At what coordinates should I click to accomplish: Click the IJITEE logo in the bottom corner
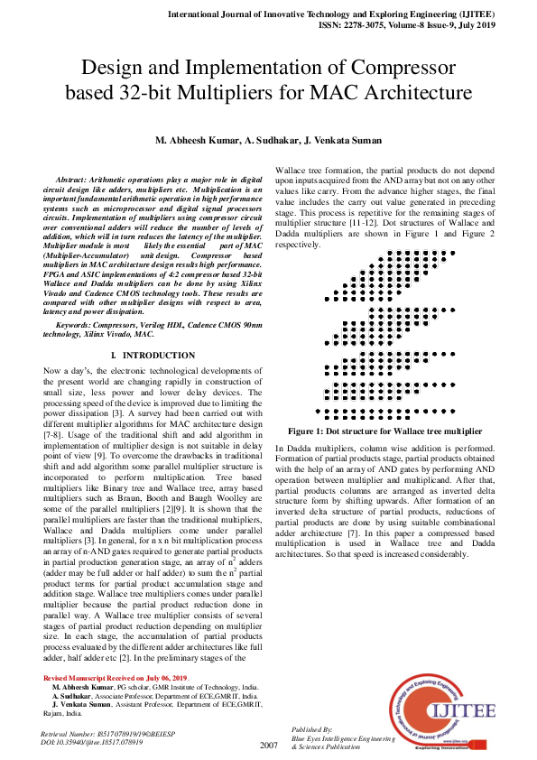[441, 710]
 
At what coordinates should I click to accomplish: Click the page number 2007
[268, 745]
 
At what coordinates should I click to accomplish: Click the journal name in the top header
[370, 14]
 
